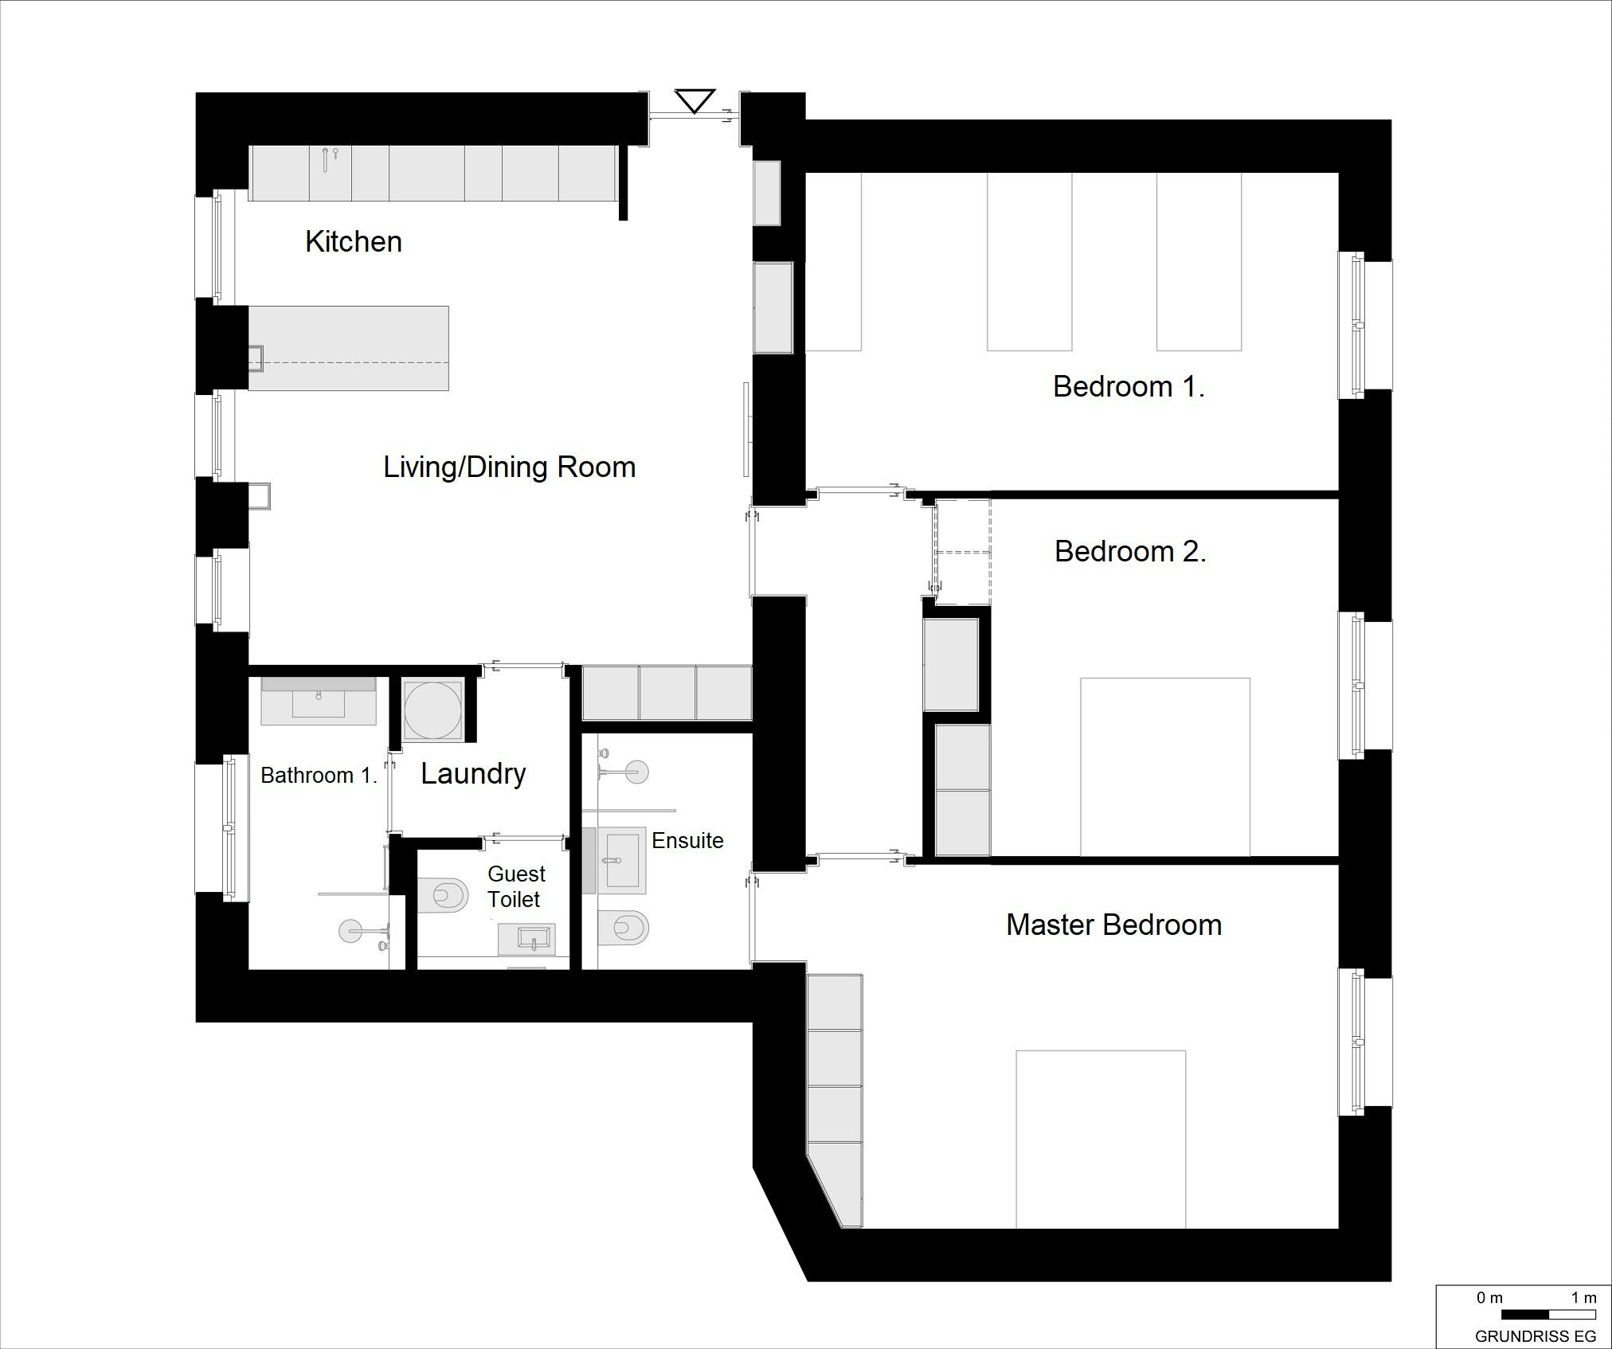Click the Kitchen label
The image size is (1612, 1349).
click(x=354, y=241)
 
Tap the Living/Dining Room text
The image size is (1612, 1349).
click(x=510, y=467)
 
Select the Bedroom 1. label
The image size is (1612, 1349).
click(x=1129, y=386)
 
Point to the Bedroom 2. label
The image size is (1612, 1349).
click(x=1130, y=551)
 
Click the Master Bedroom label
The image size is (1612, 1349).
click(x=1113, y=925)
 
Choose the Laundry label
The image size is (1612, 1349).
click(x=473, y=773)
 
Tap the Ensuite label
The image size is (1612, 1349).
click(x=687, y=840)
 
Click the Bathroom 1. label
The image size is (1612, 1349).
click(x=319, y=775)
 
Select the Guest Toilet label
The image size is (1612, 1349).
click(x=516, y=886)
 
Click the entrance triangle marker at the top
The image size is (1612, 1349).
click(x=694, y=101)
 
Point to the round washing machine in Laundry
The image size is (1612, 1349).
click(x=432, y=710)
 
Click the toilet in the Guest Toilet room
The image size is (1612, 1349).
click(x=442, y=895)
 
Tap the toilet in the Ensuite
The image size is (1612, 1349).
click(x=623, y=927)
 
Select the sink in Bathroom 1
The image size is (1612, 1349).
click(x=319, y=702)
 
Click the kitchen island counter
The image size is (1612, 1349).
click(x=348, y=348)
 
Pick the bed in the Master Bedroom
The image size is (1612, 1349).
click(x=1101, y=1139)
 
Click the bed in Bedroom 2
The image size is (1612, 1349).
click(x=1165, y=767)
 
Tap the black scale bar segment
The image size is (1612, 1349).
click(x=1524, y=1315)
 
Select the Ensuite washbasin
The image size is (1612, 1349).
click(x=622, y=861)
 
